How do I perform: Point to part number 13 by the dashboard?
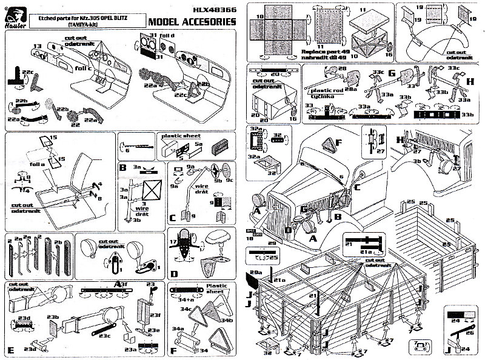38,45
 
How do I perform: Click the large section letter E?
11,350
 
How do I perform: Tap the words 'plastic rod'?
323,90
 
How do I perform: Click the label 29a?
255,275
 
